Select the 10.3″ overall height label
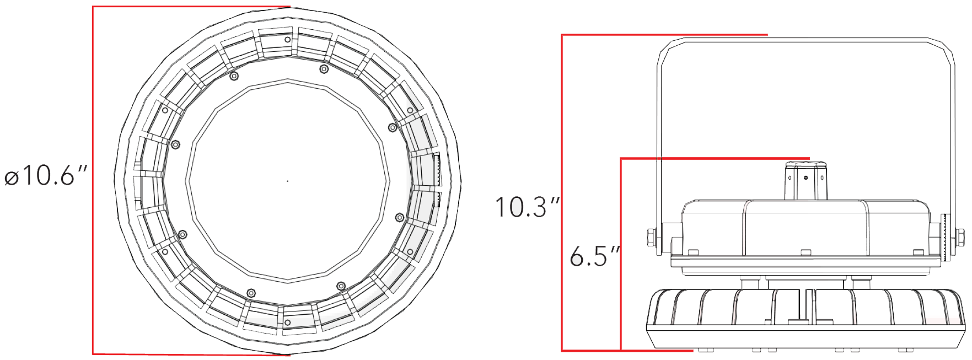527,207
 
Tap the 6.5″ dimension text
595,256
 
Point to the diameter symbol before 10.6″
12,178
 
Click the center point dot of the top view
288,181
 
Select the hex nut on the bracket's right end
959,238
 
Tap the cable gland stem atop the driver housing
805,180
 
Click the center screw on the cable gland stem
805,178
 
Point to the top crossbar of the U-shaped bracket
805,40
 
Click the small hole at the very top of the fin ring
287,40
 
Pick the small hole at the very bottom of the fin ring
287,323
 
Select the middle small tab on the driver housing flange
805,252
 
